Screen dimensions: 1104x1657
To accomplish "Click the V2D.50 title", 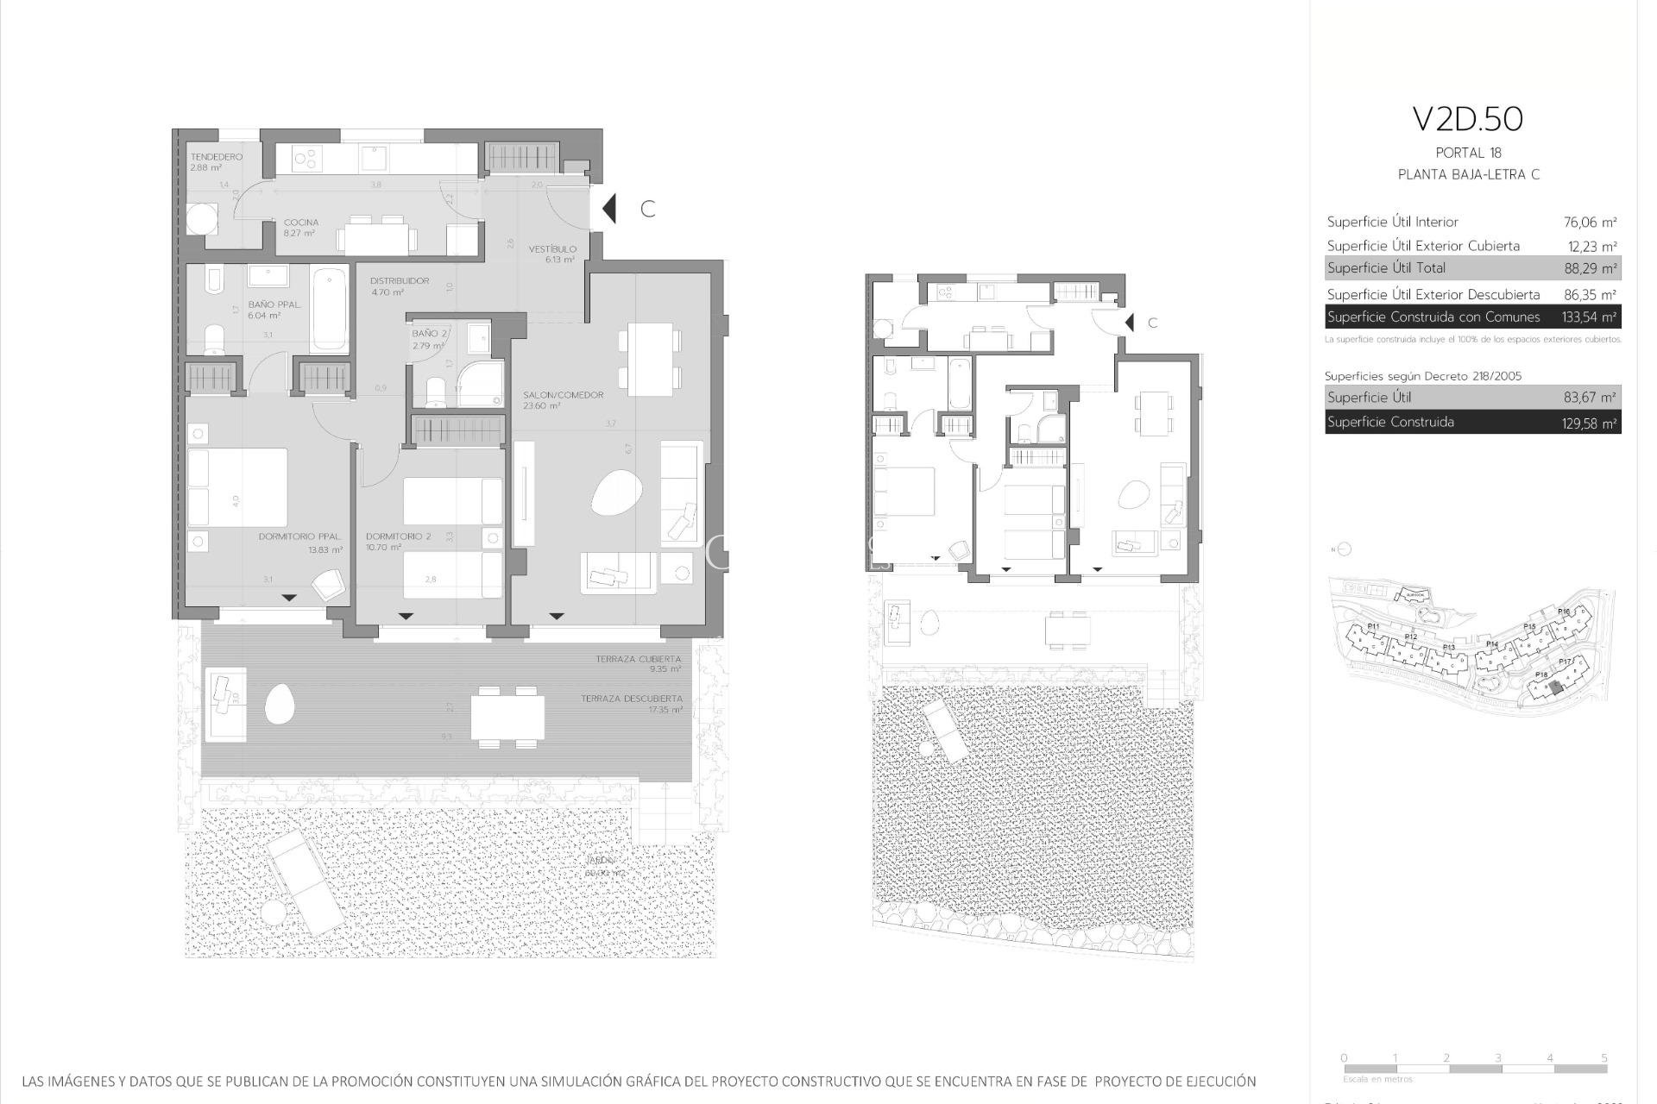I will [x=1468, y=119].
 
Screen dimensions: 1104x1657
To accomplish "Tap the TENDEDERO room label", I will [x=216, y=157].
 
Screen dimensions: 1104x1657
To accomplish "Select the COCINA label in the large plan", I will [x=301, y=223].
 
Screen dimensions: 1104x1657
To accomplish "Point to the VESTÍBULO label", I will [x=553, y=249].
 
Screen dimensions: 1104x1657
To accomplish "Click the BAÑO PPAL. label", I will [x=274, y=304].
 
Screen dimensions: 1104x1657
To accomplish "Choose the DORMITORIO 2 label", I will [x=398, y=536].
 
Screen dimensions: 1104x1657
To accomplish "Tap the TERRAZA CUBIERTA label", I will [x=638, y=659].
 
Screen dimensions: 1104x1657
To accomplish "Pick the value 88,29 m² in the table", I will [x=1590, y=268].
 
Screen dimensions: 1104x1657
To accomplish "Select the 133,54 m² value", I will [x=1589, y=317].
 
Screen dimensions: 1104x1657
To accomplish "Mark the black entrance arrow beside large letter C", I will [x=609, y=209].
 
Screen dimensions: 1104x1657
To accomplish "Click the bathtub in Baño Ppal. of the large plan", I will [x=329, y=309].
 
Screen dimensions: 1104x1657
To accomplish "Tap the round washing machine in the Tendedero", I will [x=201, y=219].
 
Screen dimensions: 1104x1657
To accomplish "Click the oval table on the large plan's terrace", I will [x=280, y=703].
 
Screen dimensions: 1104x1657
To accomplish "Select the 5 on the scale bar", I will [x=1603, y=1057].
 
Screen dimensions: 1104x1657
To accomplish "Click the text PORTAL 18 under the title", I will [x=1468, y=153].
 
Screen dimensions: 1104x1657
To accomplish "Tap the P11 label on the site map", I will [x=1373, y=626].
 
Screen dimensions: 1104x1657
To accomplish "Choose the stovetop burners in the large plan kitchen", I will [x=307, y=159].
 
